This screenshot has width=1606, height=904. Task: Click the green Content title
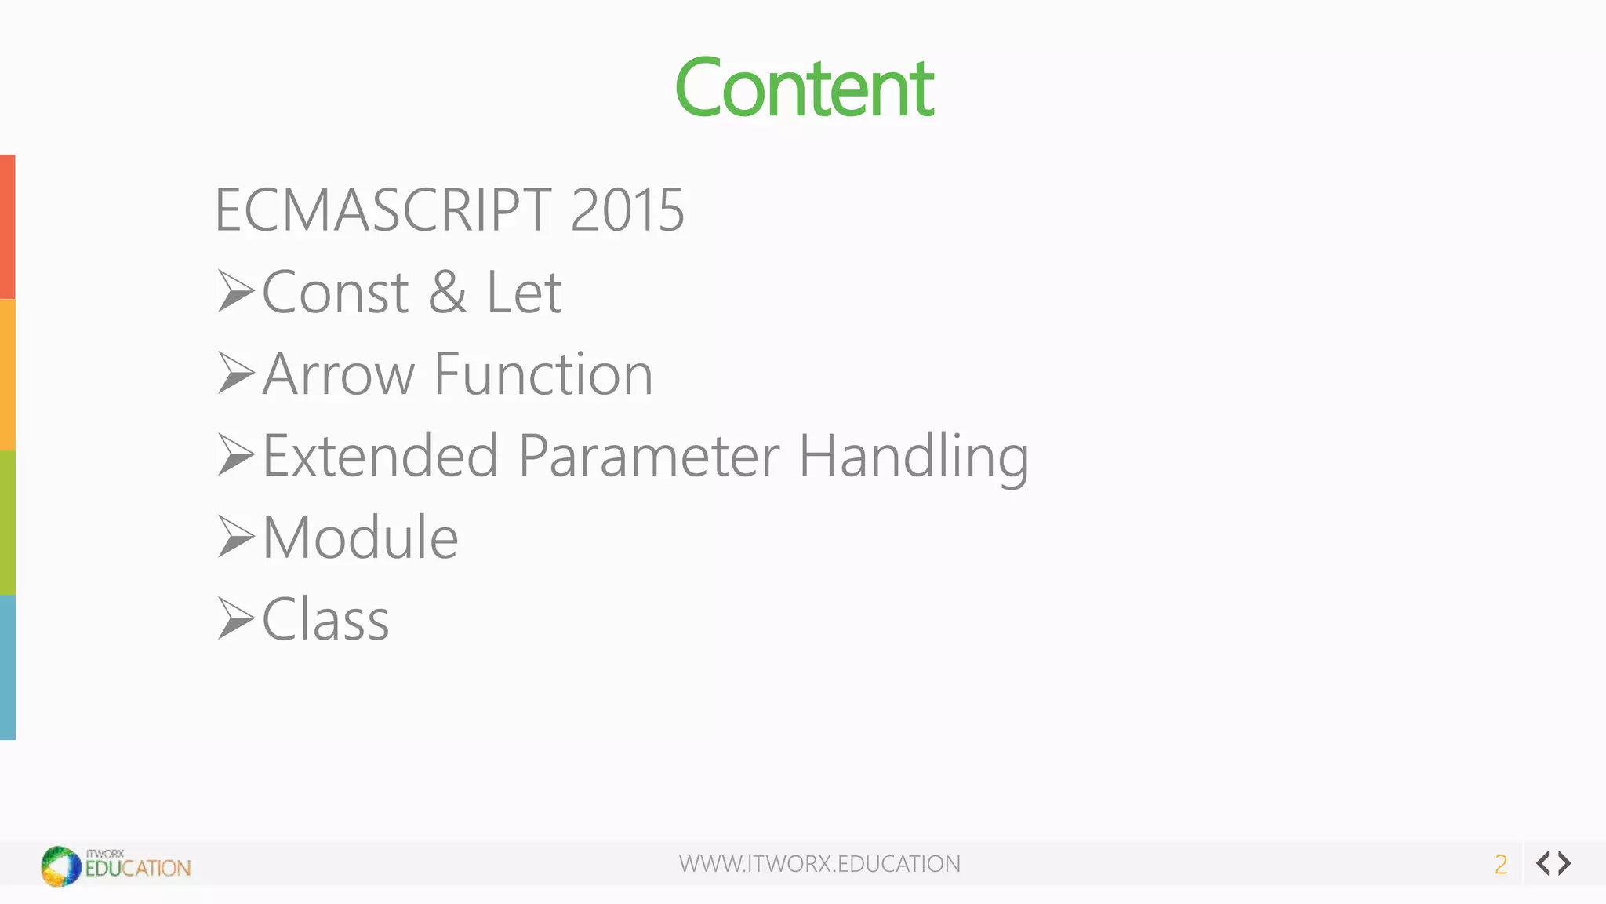[804, 88]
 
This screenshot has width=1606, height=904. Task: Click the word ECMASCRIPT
[383, 210]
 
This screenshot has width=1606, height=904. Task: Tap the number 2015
[627, 210]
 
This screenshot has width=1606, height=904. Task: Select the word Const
[335, 293]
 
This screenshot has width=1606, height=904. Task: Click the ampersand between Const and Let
[447, 293]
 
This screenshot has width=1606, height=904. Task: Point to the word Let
[524, 293]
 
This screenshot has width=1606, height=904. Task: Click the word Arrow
[338, 374]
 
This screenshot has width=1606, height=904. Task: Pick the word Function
[543, 374]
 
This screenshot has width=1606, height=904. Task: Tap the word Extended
[380, 456]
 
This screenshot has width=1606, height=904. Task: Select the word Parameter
[649, 456]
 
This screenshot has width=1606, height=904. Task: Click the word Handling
[914, 457]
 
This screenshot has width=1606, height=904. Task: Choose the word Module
[361, 538]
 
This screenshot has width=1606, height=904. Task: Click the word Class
[325, 620]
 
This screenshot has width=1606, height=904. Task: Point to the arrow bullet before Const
[236, 291]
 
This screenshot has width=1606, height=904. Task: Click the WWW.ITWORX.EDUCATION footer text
[819, 864]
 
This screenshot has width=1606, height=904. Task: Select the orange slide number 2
[1501, 865]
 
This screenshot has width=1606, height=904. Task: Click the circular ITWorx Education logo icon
[61, 866]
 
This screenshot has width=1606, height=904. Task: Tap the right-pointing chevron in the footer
[1565, 863]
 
